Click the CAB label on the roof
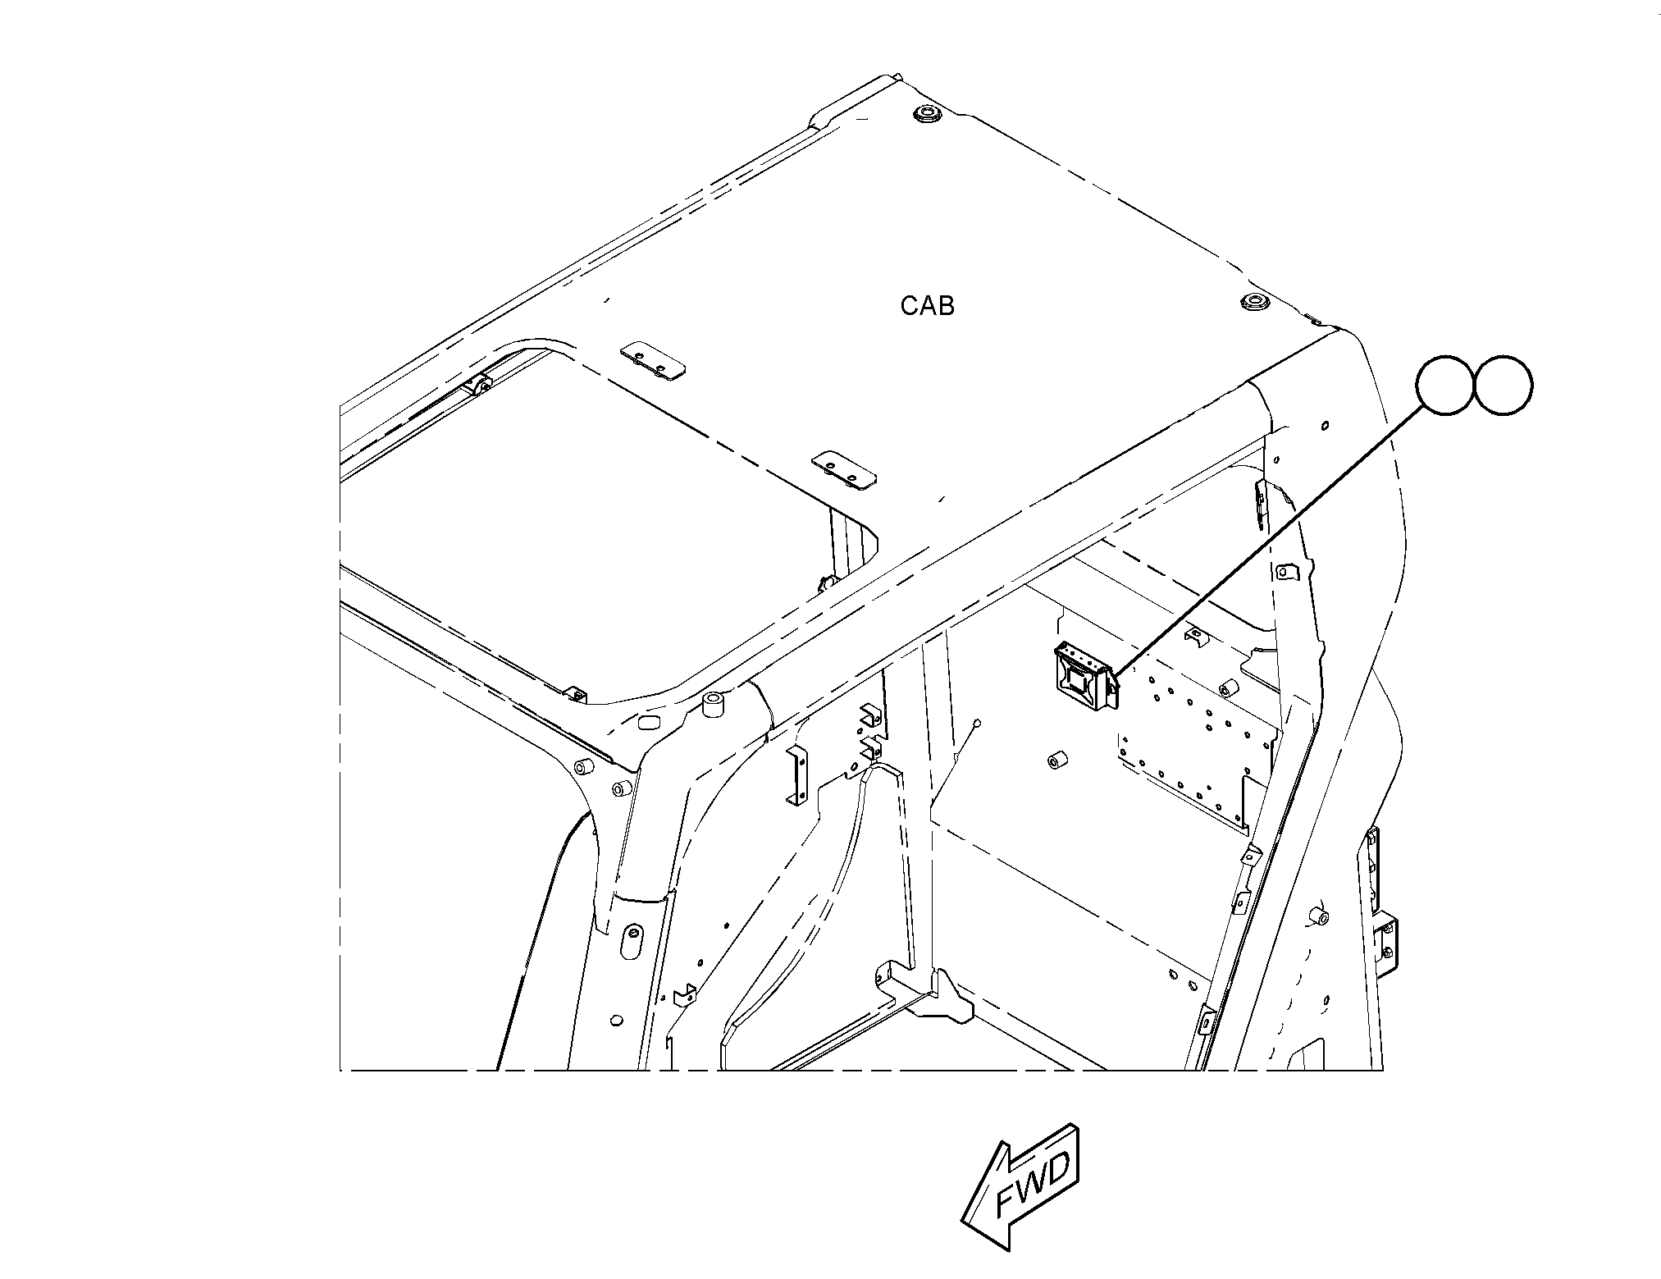tap(927, 306)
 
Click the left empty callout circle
tap(1445, 385)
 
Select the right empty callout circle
tap(1503, 385)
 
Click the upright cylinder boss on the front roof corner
tap(714, 706)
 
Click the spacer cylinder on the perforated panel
tap(1227, 686)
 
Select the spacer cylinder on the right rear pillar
tap(1317, 916)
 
